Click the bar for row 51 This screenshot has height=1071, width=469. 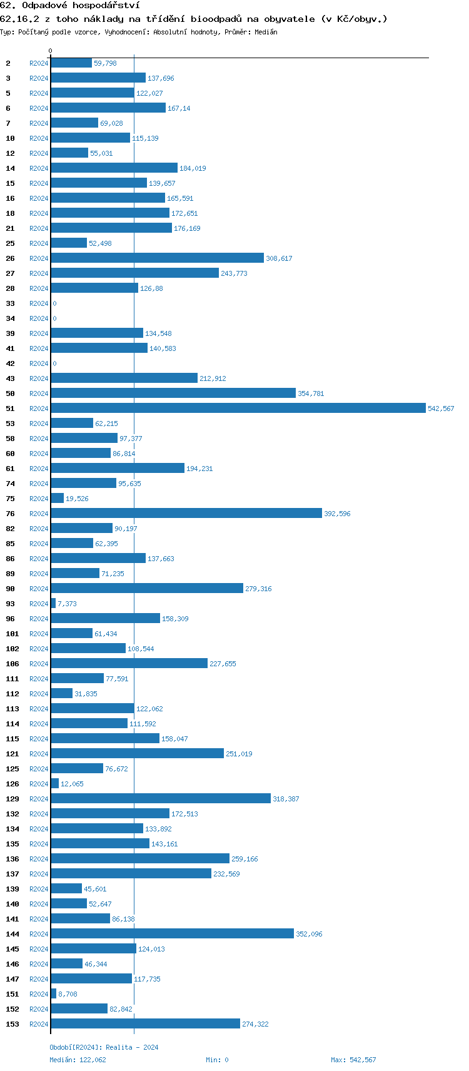coord(238,408)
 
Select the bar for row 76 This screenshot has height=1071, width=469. coord(186,513)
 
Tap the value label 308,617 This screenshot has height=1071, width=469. coord(279,258)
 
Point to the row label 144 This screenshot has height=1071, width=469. coord(13,934)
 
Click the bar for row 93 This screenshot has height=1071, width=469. coord(53,603)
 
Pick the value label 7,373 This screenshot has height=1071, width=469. coord(67,604)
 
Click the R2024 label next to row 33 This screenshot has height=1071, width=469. coord(39,303)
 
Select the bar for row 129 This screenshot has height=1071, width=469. coord(161,798)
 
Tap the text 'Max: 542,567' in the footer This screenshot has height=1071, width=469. coord(353,1060)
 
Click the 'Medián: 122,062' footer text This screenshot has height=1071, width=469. coord(78,1060)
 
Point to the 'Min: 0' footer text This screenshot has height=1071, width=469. coord(217,1060)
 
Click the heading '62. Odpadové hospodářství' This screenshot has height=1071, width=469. coord(69,6)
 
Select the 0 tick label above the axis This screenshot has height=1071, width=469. coord(51,51)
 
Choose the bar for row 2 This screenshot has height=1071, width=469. coord(71,63)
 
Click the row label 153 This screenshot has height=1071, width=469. coord(13,1024)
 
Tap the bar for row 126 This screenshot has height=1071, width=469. coord(55,783)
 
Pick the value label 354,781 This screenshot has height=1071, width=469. coord(311,393)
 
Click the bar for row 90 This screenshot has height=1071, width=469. coord(147,588)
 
